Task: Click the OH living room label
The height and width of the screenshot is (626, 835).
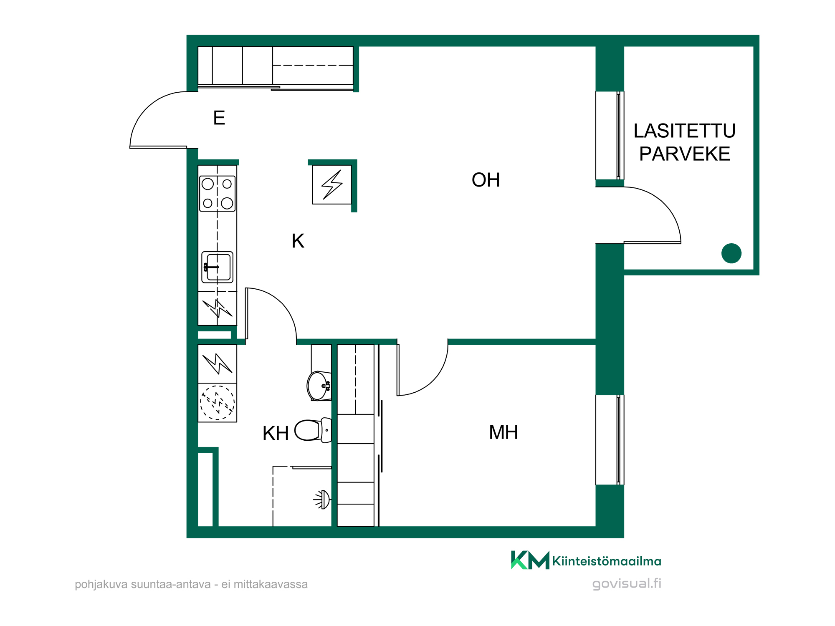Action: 486,180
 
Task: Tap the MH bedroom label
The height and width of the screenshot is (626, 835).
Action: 504,432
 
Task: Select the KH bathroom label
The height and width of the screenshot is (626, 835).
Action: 276,434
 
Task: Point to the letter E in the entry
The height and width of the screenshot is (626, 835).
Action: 219,118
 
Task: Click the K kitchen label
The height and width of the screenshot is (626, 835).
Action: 298,241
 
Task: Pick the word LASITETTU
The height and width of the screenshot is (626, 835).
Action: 685,131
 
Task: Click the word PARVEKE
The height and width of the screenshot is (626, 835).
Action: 685,154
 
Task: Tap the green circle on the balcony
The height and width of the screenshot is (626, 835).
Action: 731,253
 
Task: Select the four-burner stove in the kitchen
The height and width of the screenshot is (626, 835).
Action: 218,194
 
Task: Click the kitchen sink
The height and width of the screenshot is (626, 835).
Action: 218,267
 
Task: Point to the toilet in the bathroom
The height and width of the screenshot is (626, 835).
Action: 313,430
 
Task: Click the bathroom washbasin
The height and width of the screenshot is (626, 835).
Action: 319,386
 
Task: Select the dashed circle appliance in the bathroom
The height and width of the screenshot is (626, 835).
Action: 217,403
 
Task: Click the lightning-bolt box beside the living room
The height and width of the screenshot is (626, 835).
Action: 332,184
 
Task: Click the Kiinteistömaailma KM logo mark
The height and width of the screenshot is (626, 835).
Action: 530,560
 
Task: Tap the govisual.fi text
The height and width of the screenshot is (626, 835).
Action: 627,583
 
